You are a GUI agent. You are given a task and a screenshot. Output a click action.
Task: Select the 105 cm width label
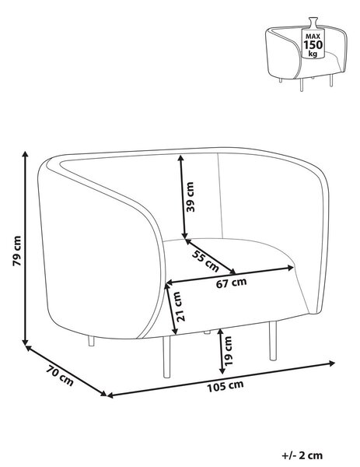point(225,386)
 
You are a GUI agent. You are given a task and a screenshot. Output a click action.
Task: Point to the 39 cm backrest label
point(190,197)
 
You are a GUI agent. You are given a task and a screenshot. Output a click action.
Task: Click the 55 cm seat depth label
point(205,261)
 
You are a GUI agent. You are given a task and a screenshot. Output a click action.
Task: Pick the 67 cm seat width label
point(231,283)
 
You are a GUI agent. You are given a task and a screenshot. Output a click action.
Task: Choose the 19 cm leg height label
point(228,351)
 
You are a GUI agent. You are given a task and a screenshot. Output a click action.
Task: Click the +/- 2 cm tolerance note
point(302,455)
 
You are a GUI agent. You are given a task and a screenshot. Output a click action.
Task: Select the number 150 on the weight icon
point(313,45)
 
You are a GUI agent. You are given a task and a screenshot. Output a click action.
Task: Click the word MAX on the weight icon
point(313,37)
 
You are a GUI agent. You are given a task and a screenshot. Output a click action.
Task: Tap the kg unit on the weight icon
point(313,54)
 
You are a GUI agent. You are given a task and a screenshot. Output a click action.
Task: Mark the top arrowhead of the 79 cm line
point(26,154)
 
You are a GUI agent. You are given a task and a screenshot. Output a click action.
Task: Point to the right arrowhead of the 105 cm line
point(331,363)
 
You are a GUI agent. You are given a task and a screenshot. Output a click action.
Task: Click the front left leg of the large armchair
point(166,356)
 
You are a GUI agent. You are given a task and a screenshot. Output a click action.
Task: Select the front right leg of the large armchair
point(273,340)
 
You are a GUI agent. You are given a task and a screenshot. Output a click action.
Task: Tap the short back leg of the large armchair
point(91,341)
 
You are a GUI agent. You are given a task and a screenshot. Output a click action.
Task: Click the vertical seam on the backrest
point(221,195)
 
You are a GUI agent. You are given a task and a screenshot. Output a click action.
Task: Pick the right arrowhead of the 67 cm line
point(291,268)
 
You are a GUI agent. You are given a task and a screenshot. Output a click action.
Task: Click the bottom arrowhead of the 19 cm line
point(222,370)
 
